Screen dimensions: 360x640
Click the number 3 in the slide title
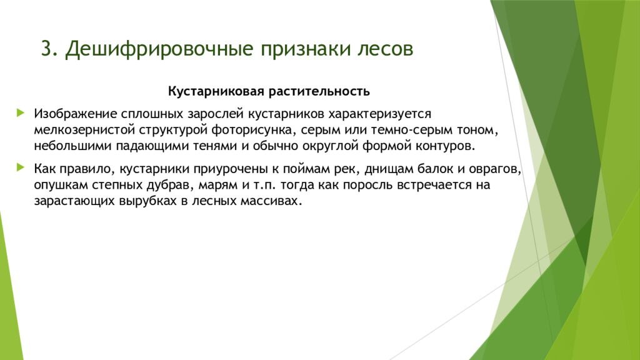[46, 49]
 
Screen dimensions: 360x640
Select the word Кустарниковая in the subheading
[216, 92]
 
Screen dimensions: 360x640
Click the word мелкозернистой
[80, 131]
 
